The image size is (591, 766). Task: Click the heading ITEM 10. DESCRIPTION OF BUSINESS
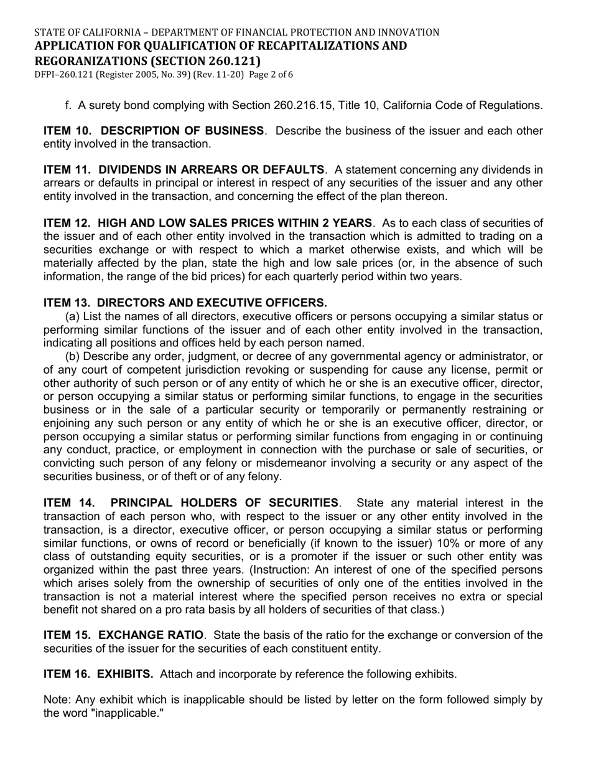coord(153,131)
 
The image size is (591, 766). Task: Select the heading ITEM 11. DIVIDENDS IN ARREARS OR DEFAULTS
coord(184,169)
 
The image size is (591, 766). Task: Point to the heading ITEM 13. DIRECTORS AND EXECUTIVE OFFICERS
coord(185,303)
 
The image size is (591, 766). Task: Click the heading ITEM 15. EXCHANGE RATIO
coord(123,635)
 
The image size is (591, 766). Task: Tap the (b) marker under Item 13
coord(72,356)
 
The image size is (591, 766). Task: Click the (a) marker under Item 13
coord(72,316)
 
